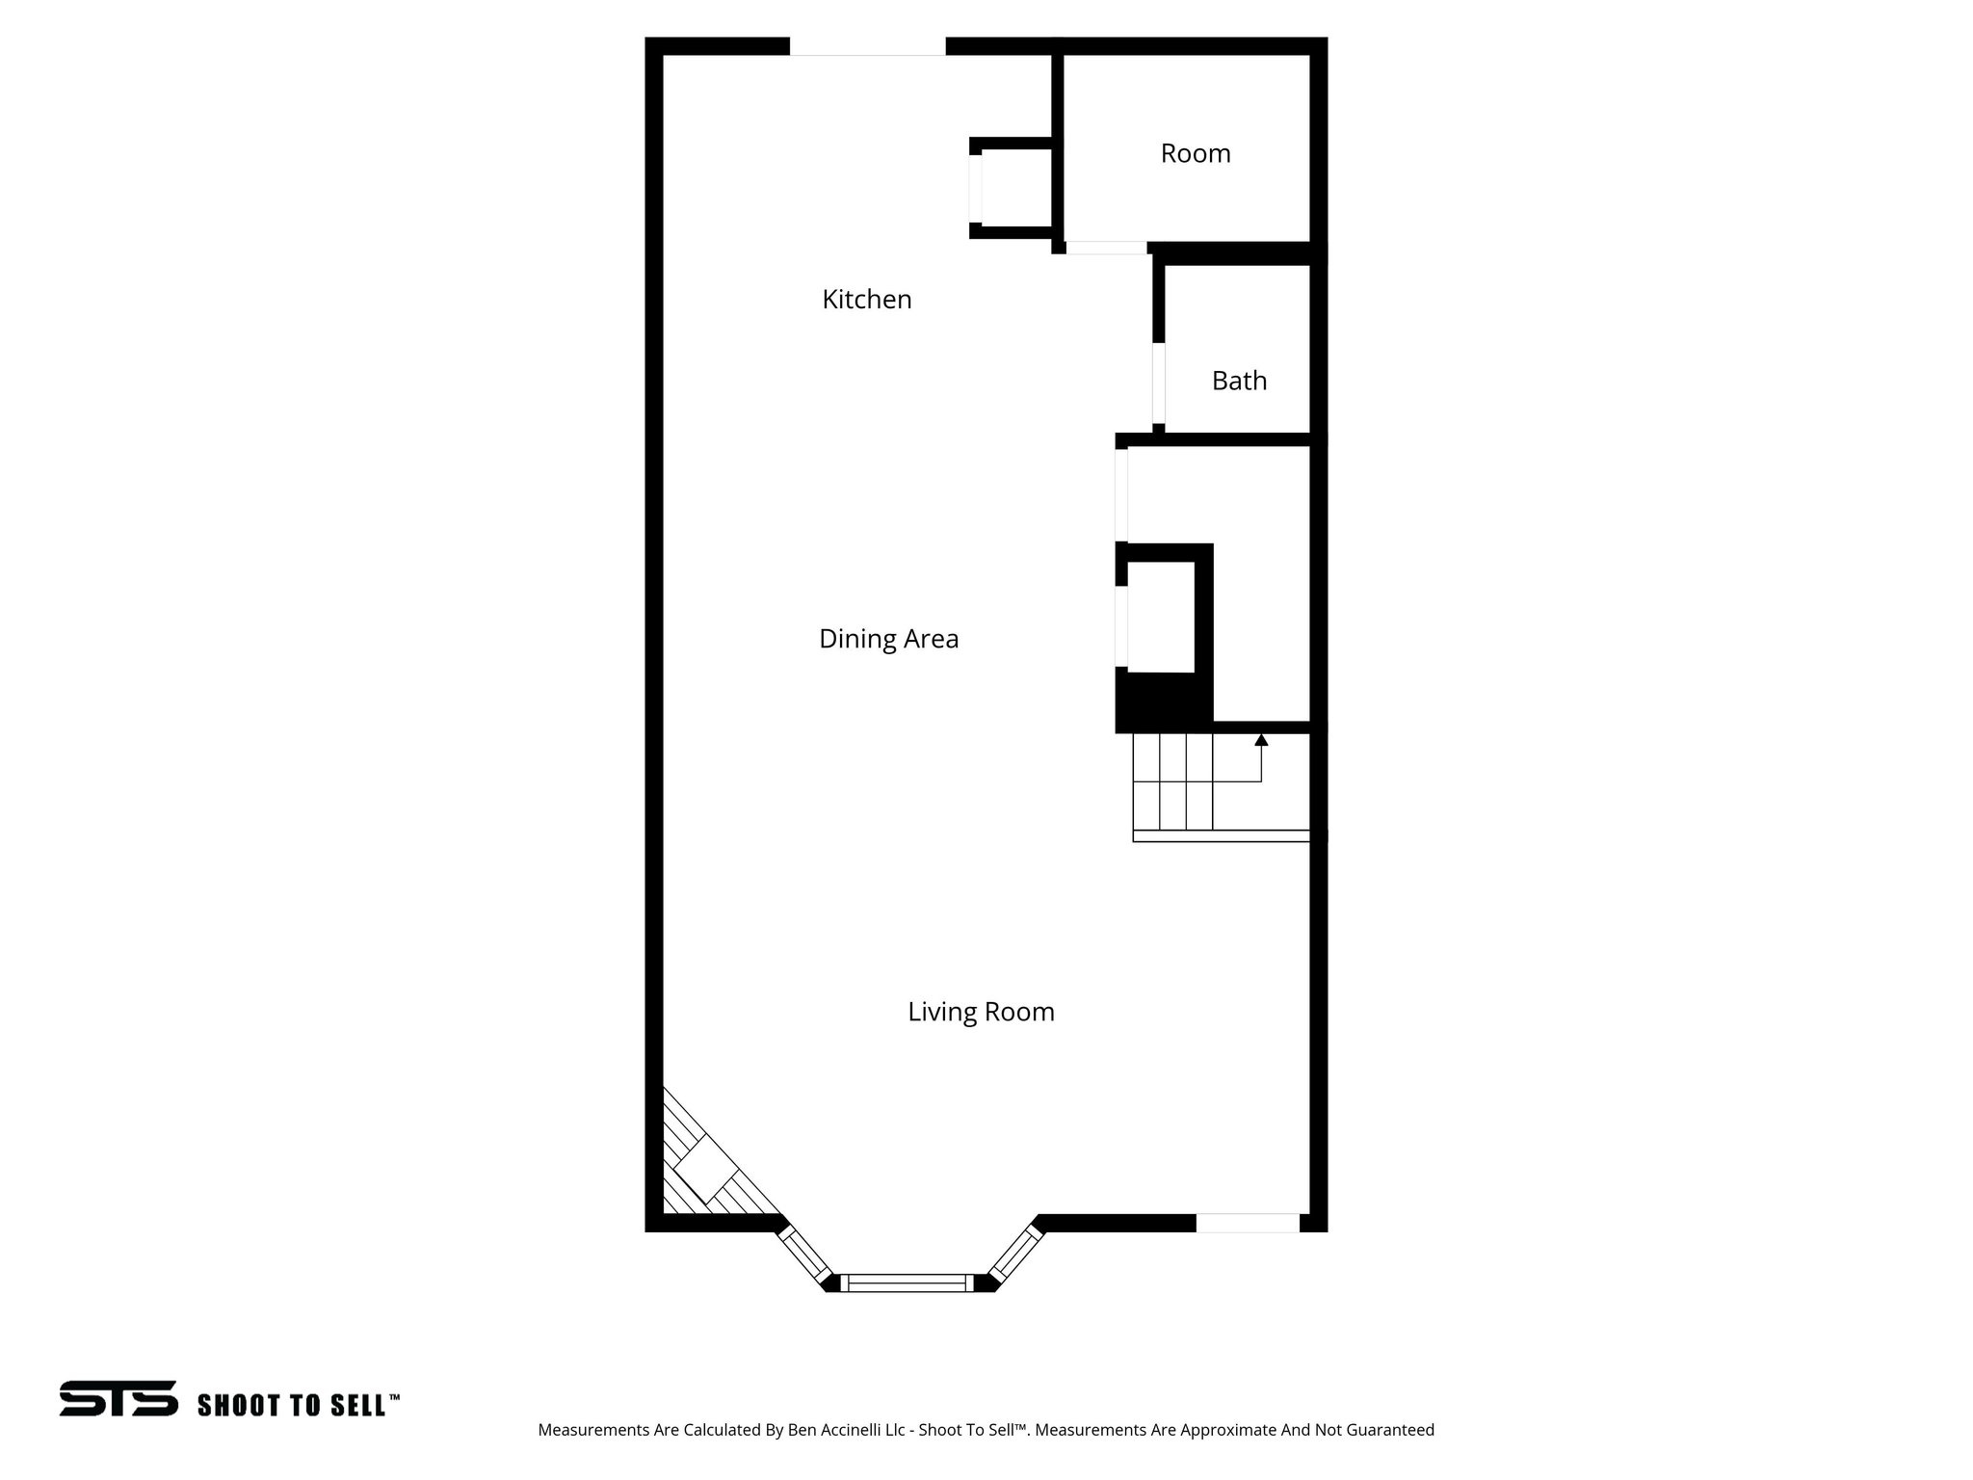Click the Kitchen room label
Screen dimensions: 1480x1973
point(866,300)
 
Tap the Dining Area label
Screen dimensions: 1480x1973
point(888,639)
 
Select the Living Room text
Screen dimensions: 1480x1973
point(981,1012)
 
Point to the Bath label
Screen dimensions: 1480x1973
point(1239,382)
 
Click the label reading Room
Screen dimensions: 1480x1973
point(1195,154)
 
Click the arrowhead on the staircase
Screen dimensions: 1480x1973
point(1261,740)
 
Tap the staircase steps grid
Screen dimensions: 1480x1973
point(1172,781)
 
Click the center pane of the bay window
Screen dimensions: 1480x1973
point(907,1282)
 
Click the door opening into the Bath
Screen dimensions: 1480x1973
point(1159,383)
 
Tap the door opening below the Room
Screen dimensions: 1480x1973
point(1106,248)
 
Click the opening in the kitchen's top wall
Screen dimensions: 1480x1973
point(867,47)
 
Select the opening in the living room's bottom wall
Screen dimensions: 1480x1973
point(1248,1223)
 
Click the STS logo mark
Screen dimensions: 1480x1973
point(118,1398)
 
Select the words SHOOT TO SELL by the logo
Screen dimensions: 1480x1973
point(293,1405)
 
